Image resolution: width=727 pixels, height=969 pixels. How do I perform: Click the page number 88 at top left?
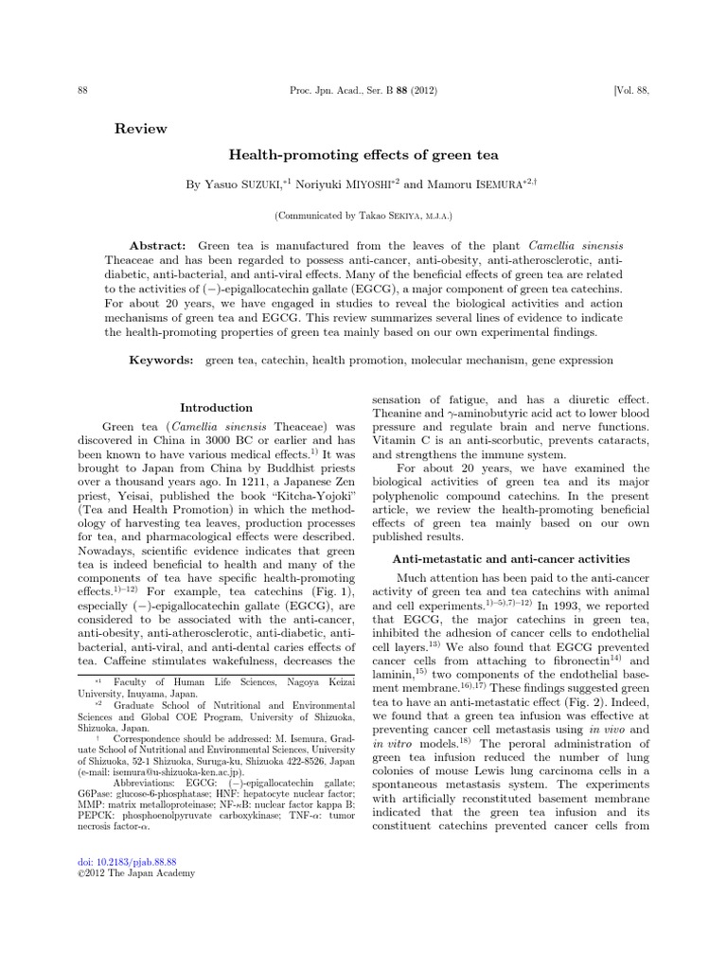click(x=82, y=91)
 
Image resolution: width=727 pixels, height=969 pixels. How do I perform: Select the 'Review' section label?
click(x=140, y=129)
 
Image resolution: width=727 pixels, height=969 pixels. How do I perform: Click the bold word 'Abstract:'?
click(x=158, y=245)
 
